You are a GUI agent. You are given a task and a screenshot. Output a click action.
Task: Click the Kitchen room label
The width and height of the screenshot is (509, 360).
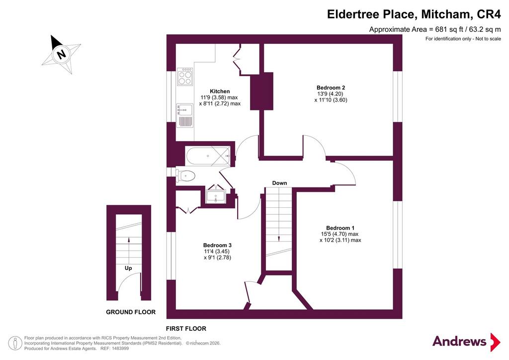coord(220,91)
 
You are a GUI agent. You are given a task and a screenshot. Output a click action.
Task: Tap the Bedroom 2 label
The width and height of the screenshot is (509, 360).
coord(331,88)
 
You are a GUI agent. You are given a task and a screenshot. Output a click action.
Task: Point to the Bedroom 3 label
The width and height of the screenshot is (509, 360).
coord(218,246)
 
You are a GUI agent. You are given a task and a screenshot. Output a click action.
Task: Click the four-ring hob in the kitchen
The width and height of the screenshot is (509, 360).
coord(185,77)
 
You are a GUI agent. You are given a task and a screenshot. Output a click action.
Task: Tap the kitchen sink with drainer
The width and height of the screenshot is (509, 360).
coord(184,115)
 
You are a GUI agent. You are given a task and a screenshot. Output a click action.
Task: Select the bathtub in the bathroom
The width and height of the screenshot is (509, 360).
coord(208,156)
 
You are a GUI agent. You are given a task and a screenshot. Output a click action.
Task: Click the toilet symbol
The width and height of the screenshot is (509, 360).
coord(185,176)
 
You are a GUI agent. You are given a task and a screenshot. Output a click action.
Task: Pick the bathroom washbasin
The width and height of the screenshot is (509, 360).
coord(216,196)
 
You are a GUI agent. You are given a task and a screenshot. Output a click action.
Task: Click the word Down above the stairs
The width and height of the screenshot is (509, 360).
coord(279,183)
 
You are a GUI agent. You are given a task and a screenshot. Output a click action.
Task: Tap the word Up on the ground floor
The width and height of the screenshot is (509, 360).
coord(128,269)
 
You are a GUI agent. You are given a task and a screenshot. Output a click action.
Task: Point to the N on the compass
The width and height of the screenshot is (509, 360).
coord(61,54)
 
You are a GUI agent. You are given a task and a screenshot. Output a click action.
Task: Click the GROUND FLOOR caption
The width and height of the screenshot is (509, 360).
coord(131,312)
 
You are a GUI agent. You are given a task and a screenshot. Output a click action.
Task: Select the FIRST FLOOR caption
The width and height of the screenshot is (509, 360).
coord(186,329)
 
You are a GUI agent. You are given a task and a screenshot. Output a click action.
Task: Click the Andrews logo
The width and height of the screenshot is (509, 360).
coord(466,342)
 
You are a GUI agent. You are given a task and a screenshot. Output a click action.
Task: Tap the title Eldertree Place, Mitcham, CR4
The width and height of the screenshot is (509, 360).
coord(414,14)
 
